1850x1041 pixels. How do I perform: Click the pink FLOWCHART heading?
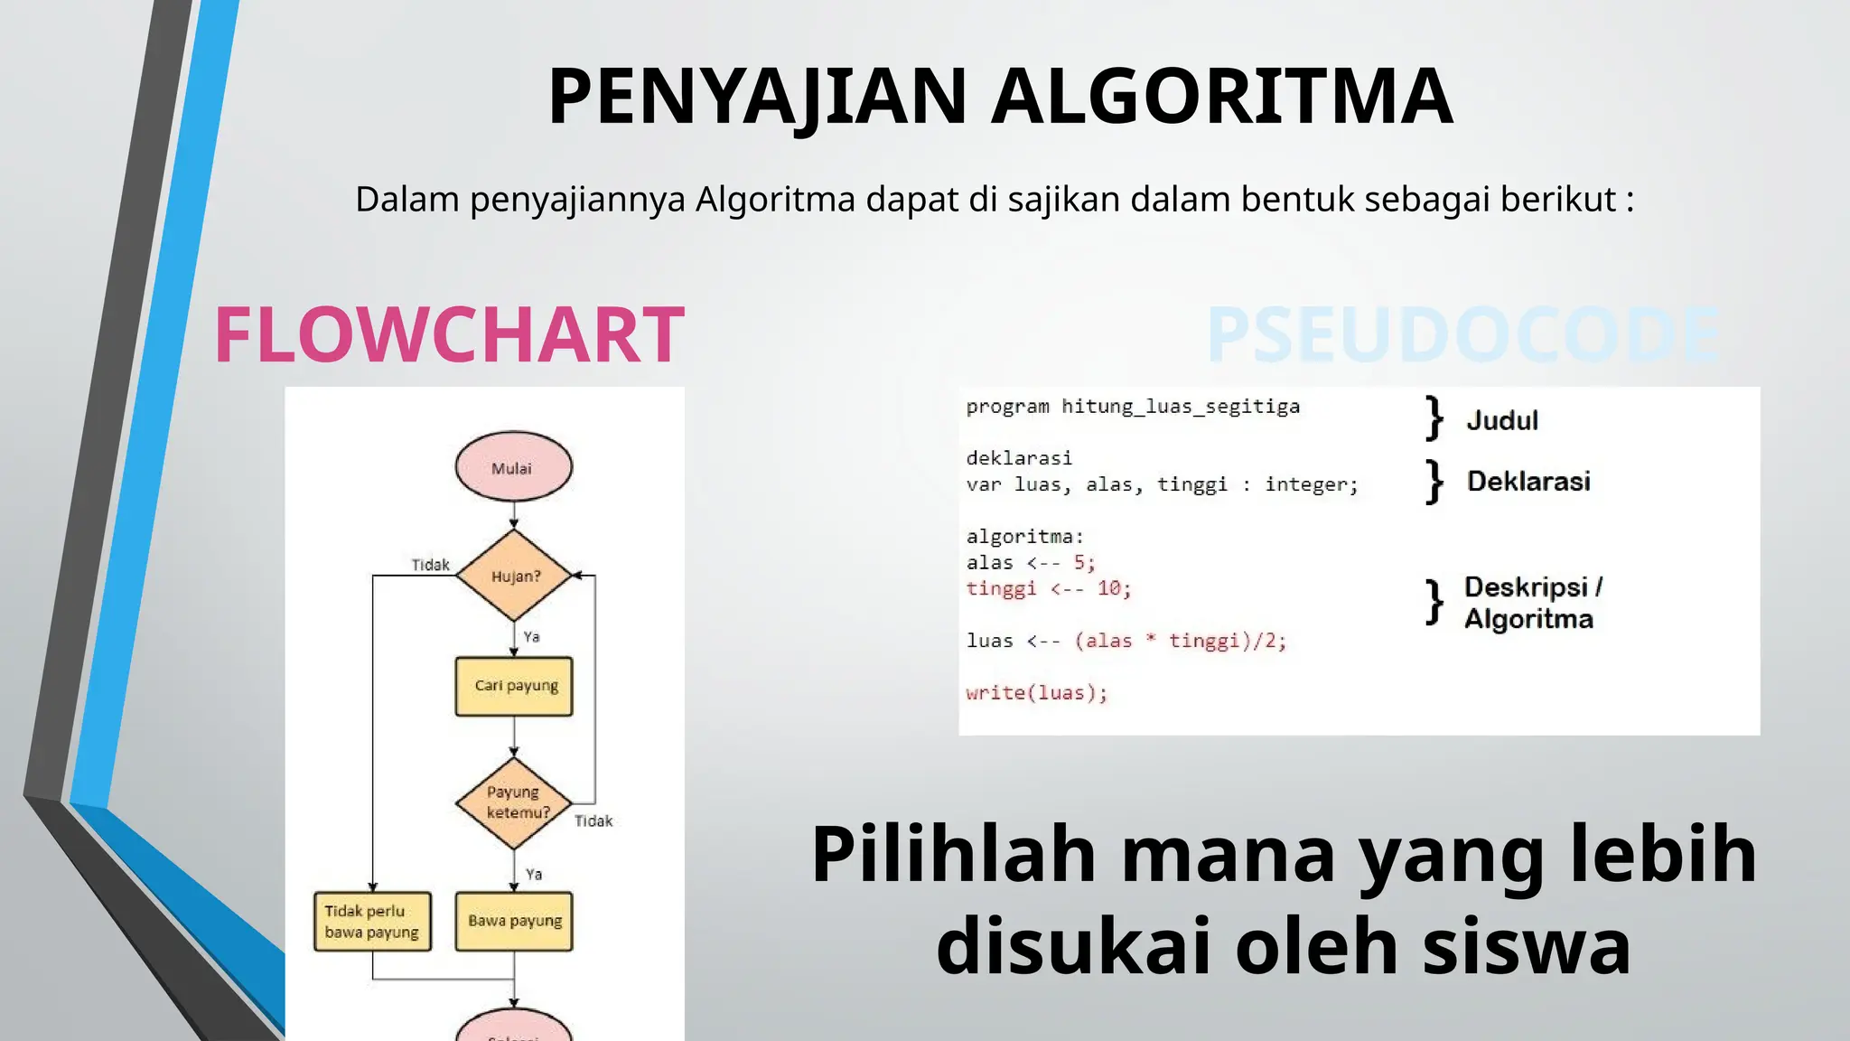coord(449,335)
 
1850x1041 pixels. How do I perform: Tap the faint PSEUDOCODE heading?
coord(1463,335)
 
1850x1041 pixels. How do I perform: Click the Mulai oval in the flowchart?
coord(513,467)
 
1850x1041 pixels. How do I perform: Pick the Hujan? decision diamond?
coord(514,576)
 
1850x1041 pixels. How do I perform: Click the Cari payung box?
coord(514,686)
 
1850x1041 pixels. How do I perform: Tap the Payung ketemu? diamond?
coord(514,802)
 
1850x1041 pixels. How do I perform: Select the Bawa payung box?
coord(514,921)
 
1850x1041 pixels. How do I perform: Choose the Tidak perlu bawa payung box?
coord(372,922)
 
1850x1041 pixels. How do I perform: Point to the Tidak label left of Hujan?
coord(430,565)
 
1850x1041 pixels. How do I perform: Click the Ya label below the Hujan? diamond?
coord(532,637)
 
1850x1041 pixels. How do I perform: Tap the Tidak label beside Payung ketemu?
coord(593,821)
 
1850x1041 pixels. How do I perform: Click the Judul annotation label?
coord(1502,420)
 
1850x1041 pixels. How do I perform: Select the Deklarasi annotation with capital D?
coord(1528,481)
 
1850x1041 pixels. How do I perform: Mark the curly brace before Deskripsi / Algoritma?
coord(1434,602)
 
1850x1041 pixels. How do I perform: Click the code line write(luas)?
coord(1036,693)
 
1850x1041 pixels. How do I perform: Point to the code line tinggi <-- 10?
coord(1048,589)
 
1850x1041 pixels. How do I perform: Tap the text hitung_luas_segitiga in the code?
coord(1181,407)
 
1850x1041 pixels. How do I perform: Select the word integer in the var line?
coord(1311,485)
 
